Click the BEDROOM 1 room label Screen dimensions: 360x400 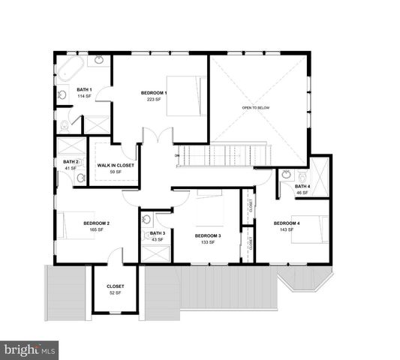pos(154,93)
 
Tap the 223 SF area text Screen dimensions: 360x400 pos(154,100)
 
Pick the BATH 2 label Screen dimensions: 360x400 pos(71,161)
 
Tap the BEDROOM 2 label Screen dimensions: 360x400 pos(97,223)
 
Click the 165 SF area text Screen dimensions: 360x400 pos(97,229)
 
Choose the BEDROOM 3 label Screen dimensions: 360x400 pos(206,235)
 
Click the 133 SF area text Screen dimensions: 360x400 pos(206,242)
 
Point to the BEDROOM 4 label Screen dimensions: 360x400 pos(286,223)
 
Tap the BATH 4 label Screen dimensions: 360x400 pos(302,186)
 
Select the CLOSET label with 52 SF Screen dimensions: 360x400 pos(115,286)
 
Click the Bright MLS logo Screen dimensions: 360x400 pos(29,349)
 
